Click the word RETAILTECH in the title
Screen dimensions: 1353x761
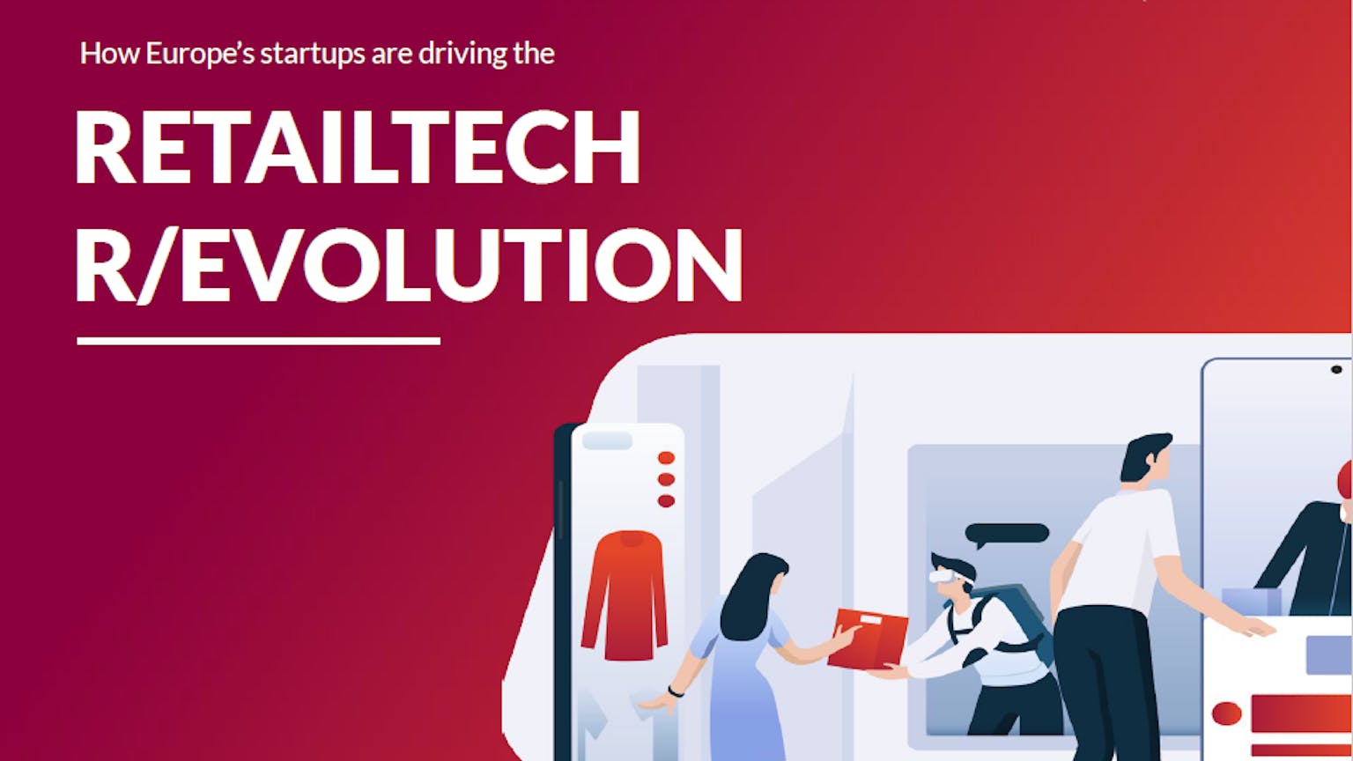357,147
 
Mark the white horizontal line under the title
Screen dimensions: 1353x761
258,341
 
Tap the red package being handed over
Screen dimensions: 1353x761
868,639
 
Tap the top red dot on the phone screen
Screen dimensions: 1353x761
666,458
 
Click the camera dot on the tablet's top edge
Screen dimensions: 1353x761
1336,370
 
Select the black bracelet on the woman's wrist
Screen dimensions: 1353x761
676,691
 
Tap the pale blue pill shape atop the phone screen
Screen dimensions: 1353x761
607,440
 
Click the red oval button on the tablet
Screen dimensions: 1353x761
1227,714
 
